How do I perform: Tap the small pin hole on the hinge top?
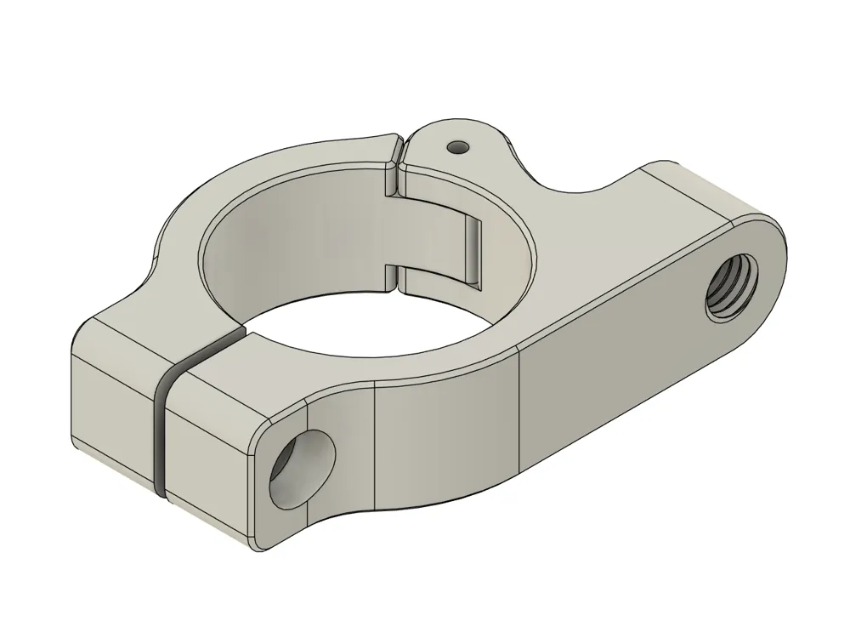(x=459, y=147)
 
